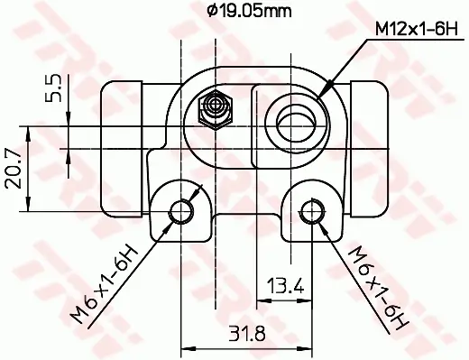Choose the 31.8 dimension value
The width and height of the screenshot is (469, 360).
tap(247, 332)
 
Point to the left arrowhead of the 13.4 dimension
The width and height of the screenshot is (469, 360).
tap(264, 300)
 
